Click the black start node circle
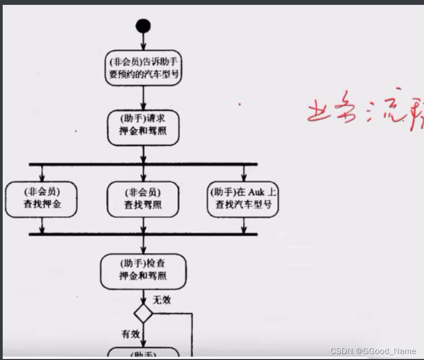coord(143,26)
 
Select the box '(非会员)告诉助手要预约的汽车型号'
coord(143,68)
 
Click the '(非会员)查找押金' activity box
coord(42,198)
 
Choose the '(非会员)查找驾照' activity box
coord(143,198)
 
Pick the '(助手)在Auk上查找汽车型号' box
coord(244,198)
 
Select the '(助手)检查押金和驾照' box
coord(143,270)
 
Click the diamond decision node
coord(143,313)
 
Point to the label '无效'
coord(162,299)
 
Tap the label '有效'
coord(130,335)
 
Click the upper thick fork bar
coord(143,164)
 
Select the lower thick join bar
coord(143,234)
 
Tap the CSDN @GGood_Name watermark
coord(373,351)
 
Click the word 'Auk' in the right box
coord(256,192)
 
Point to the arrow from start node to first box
coord(143,41)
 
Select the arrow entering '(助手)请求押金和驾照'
coord(143,98)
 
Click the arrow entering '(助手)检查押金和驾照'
coord(143,244)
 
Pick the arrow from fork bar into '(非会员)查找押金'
coord(42,173)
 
